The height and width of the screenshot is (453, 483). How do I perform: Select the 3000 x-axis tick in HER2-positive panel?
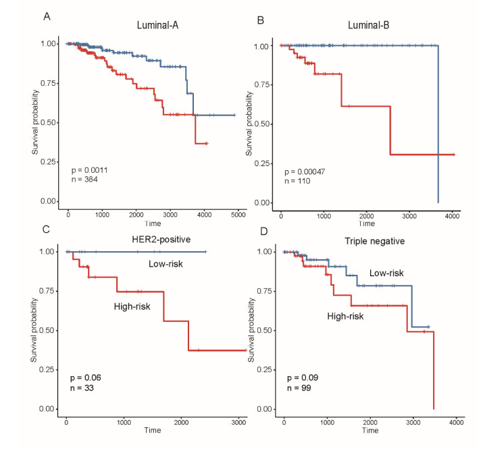click(x=238, y=421)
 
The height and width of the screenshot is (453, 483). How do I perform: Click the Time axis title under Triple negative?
click(x=370, y=430)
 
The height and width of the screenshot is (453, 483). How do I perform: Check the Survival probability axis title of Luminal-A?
click(x=35, y=123)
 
